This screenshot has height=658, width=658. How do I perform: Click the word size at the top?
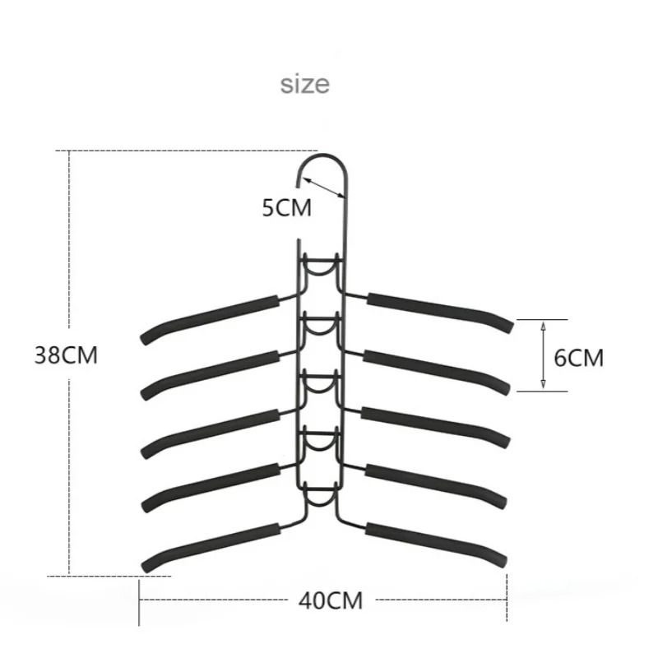pos(304,84)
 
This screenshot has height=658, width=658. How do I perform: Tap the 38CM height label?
pos(66,356)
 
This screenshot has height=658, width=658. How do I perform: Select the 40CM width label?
pos(329,600)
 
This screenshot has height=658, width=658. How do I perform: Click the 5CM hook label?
pos(287,207)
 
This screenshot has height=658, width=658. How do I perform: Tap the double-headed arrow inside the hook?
pos(328,186)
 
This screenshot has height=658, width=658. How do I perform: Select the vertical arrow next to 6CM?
pos(543,354)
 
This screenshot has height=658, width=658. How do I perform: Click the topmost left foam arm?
pos(211,316)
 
